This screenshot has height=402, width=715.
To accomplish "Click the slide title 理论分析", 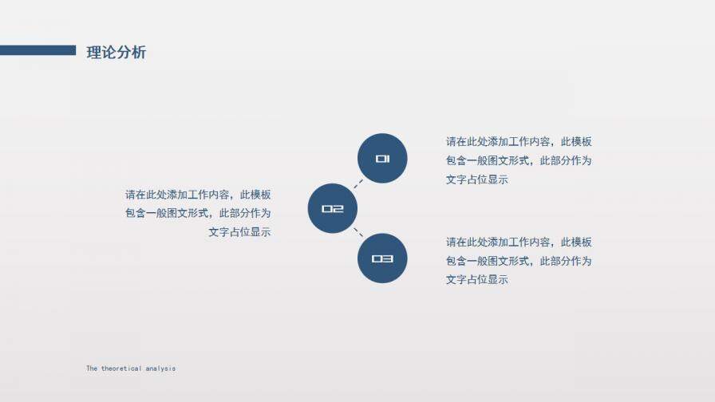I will click(x=117, y=53).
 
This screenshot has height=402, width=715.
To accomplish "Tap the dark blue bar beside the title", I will click(x=38, y=50).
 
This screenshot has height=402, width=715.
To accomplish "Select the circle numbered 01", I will click(x=382, y=158).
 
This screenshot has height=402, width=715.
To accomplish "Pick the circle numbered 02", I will click(x=332, y=209).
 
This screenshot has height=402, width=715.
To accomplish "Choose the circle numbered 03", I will click(x=382, y=258).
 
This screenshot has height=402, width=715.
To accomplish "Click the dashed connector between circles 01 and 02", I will click(x=358, y=183).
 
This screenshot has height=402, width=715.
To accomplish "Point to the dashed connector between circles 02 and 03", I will click(x=358, y=234).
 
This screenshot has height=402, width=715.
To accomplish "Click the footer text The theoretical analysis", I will click(x=131, y=368).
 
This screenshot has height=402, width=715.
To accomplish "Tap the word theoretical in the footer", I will click(x=121, y=368).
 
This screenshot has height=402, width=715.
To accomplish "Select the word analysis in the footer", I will click(x=160, y=368).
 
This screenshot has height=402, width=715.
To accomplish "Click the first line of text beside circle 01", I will click(x=519, y=142).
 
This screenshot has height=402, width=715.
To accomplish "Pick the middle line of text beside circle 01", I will click(x=519, y=161).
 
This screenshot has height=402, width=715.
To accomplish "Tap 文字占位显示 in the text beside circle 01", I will click(x=477, y=180).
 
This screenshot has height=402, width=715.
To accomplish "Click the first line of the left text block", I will click(x=198, y=195).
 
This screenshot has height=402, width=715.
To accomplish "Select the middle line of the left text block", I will click(x=198, y=214).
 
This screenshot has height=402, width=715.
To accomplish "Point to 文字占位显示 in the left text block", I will click(x=239, y=233).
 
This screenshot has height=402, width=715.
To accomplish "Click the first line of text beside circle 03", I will click(x=519, y=242).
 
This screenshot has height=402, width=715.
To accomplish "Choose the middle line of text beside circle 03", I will click(x=519, y=262).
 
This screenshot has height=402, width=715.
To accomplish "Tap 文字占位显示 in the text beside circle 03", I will click(x=477, y=280).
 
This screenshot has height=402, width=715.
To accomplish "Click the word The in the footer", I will click(x=92, y=368).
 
